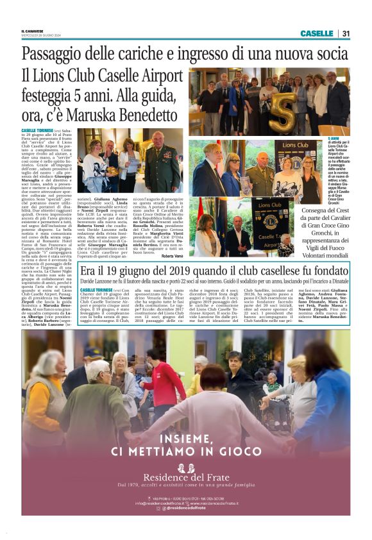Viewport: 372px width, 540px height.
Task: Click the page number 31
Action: pyautogui.click(x=345, y=33)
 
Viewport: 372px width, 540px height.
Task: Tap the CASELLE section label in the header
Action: pyautogui.click(x=316, y=33)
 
